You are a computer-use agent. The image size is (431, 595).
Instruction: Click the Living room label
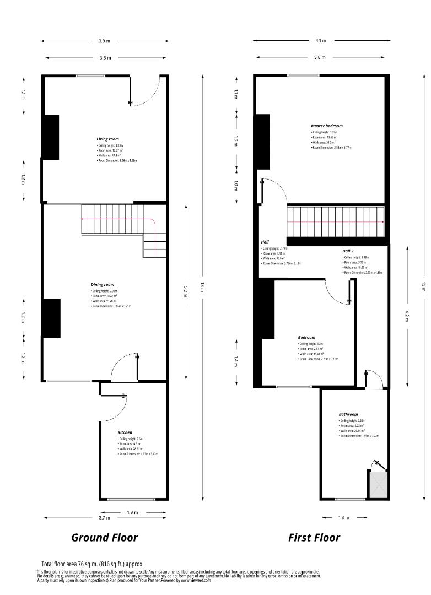(x=107, y=139)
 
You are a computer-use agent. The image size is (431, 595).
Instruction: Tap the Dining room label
(x=102, y=285)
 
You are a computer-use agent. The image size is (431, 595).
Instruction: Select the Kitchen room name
(x=125, y=432)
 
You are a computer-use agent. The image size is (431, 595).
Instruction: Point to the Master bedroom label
(x=326, y=126)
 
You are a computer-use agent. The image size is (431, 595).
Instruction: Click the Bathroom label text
(x=348, y=414)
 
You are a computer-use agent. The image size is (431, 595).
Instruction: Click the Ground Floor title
(x=104, y=537)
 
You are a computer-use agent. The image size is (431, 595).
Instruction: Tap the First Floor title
(x=314, y=537)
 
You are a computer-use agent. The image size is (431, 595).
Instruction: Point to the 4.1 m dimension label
(x=320, y=40)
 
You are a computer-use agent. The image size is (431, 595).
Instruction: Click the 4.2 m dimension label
(x=407, y=314)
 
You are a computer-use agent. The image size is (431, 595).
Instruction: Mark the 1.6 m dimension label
(x=236, y=141)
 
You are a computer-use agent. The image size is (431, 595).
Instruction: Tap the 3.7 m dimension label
(x=105, y=518)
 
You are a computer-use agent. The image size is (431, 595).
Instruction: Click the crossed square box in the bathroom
(x=378, y=485)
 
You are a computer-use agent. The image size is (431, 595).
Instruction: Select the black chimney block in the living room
(x=51, y=137)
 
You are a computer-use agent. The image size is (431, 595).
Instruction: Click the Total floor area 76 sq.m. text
(x=92, y=564)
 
